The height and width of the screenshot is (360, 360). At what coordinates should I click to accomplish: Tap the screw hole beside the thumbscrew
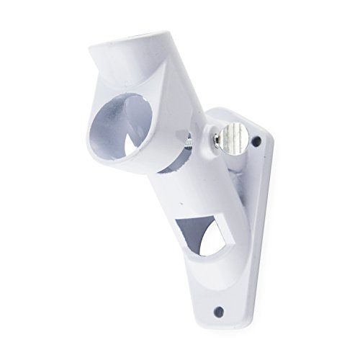[256, 143]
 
